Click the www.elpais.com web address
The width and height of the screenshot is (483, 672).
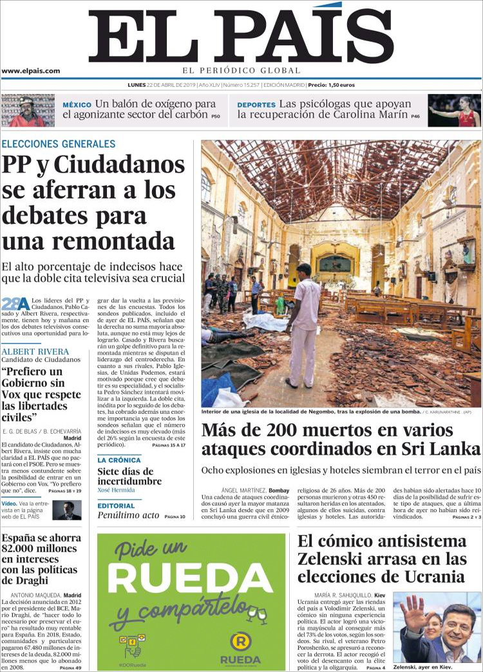[x=30, y=71]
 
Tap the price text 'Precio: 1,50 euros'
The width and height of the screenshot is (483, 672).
[x=331, y=85]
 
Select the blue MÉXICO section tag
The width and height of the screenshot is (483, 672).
[x=77, y=105]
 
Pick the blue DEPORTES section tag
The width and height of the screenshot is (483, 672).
[x=256, y=105]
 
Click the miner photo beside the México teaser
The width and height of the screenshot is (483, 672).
[x=28, y=110]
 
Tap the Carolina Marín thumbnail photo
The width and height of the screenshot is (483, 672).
[x=455, y=110]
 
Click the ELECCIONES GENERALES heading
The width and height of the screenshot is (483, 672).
[x=59, y=144]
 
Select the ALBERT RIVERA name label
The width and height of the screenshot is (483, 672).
[x=35, y=351]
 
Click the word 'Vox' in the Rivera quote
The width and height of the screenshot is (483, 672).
[x=16, y=394]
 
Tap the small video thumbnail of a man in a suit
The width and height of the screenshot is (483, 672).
[x=67, y=510]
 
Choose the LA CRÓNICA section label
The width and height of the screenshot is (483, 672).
[x=119, y=460]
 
